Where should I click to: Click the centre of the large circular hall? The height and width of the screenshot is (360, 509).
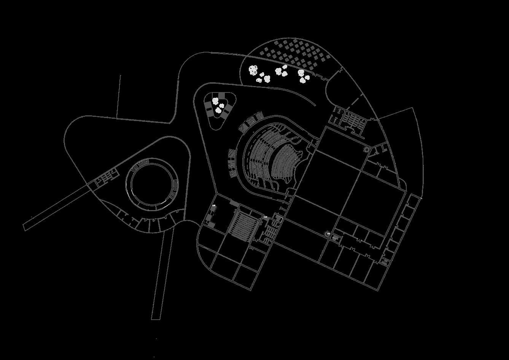[x=152, y=183]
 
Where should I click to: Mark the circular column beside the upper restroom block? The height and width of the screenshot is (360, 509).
[x=367, y=150]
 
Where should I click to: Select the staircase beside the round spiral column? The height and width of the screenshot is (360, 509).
[x=335, y=238]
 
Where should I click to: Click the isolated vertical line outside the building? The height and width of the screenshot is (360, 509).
[x=118, y=95]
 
